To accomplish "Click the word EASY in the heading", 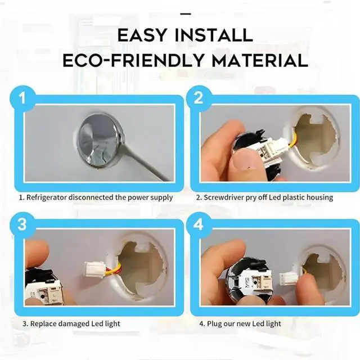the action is point(142,35).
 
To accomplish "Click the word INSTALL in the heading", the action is point(214,35).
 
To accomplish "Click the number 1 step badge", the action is point(22,98).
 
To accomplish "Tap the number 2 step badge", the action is point(199,98).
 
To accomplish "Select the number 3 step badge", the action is point(22,224).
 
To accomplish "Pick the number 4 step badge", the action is point(199,224).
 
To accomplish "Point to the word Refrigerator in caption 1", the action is point(47,197).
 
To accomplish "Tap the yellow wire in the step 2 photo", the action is point(292,141).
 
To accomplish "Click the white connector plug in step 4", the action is point(287,279).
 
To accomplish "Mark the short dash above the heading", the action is point(186,14).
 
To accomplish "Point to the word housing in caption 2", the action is point(320,197).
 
